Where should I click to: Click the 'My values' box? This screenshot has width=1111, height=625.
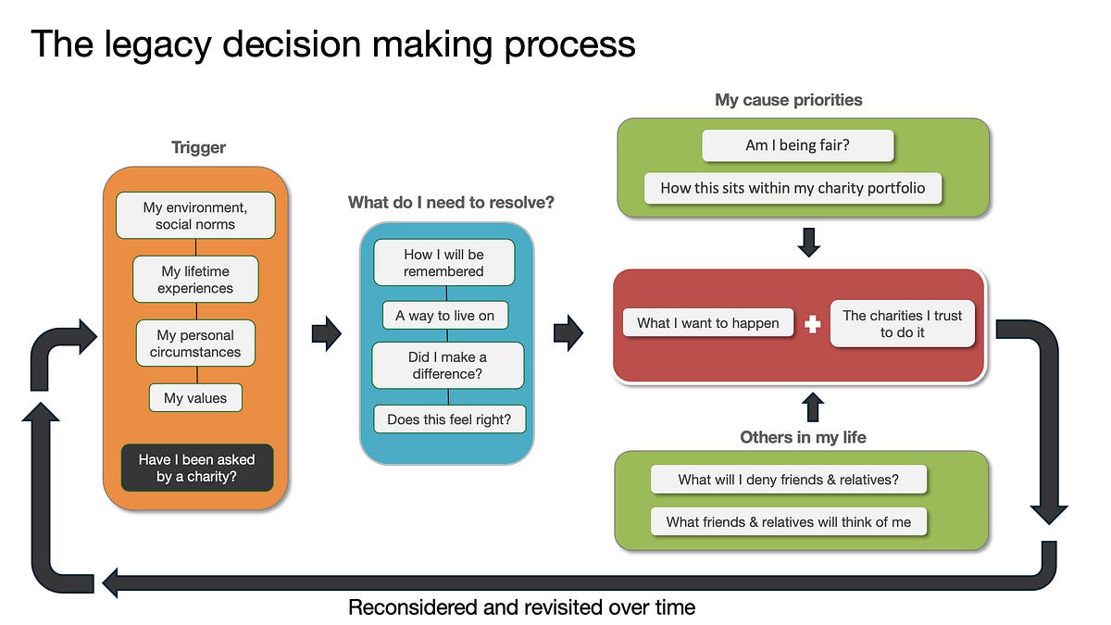(195, 398)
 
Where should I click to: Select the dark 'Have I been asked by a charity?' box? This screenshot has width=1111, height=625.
(197, 468)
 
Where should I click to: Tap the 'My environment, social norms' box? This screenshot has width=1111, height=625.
(195, 216)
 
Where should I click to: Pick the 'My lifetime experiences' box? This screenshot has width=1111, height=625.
(195, 280)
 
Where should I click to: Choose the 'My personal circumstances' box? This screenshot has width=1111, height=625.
(195, 344)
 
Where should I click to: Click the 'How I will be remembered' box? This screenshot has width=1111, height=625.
(443, 262)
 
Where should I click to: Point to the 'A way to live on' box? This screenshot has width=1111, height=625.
(445, 316)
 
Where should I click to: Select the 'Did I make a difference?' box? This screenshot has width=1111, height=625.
(447, 365)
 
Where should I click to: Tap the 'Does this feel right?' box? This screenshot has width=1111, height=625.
(449, 419)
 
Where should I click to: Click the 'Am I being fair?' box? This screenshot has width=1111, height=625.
(797, 145)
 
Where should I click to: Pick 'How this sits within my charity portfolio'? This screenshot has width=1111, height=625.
(793, 188)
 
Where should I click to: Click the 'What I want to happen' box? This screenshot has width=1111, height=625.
(707, 323)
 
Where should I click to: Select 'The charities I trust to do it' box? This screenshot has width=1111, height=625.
(902, 323)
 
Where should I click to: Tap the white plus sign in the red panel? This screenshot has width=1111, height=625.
(813, 324)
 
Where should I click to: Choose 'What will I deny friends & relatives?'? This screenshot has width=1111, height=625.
(789, 480)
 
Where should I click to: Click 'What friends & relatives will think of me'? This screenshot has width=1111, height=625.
(789, 522)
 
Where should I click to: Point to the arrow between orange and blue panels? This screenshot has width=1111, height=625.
(326, 333)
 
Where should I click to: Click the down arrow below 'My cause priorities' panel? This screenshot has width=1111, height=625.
(809, 243)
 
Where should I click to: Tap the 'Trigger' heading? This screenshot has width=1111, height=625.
(198, 147)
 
